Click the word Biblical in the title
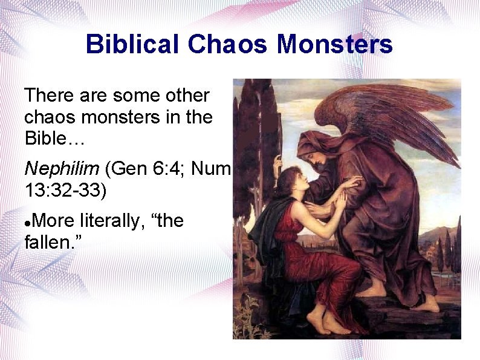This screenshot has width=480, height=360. [132, 44]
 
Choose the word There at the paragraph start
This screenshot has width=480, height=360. [49, 96]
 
